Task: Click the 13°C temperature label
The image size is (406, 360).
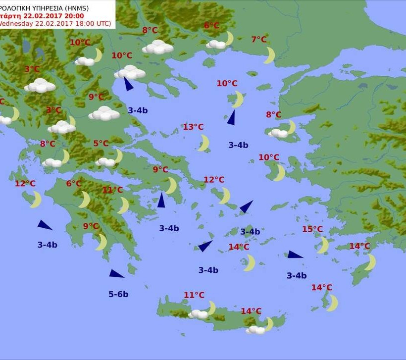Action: click(x=193, y=127)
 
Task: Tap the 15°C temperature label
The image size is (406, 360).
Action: click(x=312, y=229)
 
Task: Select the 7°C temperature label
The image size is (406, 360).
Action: click(x=259, y=40)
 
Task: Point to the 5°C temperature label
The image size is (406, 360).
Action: click(x=101, y=144)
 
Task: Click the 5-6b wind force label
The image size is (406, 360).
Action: click(x=118, y=294)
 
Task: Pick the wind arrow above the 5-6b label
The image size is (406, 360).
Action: click(x=117, y=274)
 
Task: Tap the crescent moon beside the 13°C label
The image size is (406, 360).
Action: click(x=203, y=143)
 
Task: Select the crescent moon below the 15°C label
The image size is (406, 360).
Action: click(x=323, y=245)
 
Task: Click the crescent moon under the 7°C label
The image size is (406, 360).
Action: click(x=269, y=55)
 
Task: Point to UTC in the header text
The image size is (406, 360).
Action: click(x=102, y=23)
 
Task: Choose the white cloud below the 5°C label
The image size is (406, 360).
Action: click(x=105, y=162)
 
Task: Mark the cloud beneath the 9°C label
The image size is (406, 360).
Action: click(x=104, y=113)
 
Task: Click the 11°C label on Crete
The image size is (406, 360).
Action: click(x=194, y=295)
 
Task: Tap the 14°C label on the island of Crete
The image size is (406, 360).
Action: click(x=251, y=311)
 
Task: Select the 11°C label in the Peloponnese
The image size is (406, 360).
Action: click(x=112, y=190)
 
